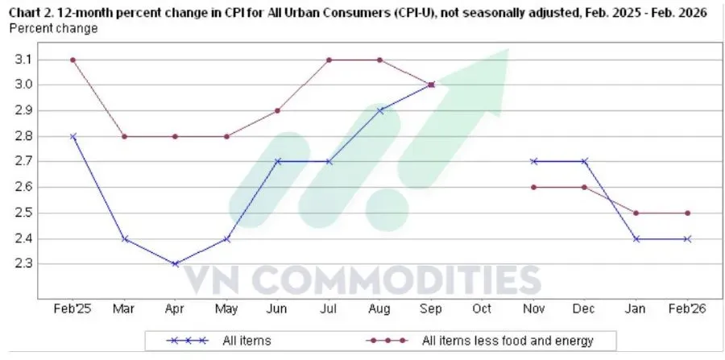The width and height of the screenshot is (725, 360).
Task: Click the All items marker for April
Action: coord(175,264)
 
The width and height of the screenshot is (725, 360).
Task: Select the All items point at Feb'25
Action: coord(72,136)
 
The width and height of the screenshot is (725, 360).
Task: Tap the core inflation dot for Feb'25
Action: coord(72,60)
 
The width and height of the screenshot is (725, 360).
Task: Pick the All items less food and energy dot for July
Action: coord(329,60)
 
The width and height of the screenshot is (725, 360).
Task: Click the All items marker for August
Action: coord(380,110)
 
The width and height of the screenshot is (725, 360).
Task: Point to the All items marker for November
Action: coord(534,161)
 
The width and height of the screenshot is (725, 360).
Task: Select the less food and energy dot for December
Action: coord(585,187)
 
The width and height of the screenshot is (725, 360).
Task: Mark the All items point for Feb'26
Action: coord(688,239)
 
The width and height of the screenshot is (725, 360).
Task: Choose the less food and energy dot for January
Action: coord(636,213)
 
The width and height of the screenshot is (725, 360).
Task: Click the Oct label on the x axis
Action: coord(483,308)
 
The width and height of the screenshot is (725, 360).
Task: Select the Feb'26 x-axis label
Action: coord(687,308)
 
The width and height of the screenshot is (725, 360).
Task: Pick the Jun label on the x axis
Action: coord(277,308)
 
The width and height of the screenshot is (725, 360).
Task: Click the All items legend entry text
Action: coord(246,341)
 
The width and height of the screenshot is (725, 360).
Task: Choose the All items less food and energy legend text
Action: coord(507,341)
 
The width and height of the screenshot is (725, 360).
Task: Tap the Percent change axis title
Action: coord(54,28)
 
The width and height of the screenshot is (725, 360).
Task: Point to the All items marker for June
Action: coord(277,161)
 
